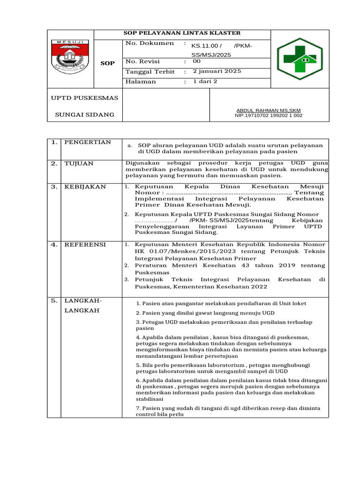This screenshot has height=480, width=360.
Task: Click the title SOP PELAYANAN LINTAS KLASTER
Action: (x=182, y=33)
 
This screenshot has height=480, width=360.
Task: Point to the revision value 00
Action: (x=197, y=61)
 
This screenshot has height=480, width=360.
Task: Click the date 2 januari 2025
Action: (x=217, y=71)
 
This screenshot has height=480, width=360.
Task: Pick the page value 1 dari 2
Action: (x=205, y=81)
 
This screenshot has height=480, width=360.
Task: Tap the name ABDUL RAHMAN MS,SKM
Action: (x=269, y=110)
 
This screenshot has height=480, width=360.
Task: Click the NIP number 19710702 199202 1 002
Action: (x=269, y=115)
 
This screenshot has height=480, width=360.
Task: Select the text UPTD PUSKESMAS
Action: (x=84, y=98)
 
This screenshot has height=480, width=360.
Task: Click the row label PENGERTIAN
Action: (x=88, y=142)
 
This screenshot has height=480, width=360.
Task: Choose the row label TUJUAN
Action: (x=79, y=164)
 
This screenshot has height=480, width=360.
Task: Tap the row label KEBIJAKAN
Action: (x=85, y=187)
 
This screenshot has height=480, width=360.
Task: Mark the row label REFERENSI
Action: (x=85, y=245)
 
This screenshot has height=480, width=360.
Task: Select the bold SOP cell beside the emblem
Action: (x=108, y=63)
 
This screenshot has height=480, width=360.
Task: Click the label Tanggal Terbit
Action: (x=150, y=72)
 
